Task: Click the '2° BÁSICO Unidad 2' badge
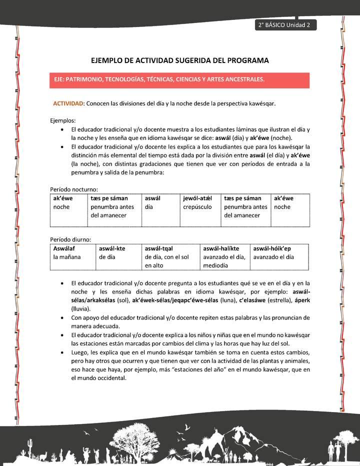coord(284,25)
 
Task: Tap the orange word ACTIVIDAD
coord(68,103)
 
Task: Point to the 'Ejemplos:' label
coord(63,120)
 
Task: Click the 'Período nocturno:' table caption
coord(74,189)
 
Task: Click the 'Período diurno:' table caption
coord(70,239)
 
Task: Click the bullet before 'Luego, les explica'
coord(61,352)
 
